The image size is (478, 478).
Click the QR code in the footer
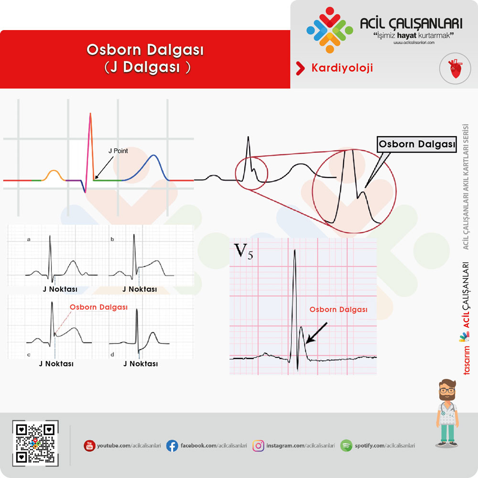coord(35,443)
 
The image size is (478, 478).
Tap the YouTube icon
coord(89,445)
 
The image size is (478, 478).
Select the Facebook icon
coord(172,445)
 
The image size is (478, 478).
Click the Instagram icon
coord(258,445)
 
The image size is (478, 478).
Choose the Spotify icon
coord(346,445)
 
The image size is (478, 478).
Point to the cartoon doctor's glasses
coord(447,391)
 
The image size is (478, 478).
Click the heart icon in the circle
coord(455,68)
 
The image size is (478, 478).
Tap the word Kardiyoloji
coord(342,68)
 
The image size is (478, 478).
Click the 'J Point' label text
coord(118,151)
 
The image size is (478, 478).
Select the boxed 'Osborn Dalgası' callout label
coord(417,144)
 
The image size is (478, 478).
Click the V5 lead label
coord(244,252)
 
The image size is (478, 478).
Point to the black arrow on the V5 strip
coord(316,333)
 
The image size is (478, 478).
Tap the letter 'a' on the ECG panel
coord(29,239)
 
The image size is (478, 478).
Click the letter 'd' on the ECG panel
coord(112,355)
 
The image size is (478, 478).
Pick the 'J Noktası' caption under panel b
coord(140,289)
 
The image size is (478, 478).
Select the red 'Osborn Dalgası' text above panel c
coord(98,307)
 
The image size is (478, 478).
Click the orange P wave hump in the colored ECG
coord(54,174)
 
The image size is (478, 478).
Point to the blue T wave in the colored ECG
coord(146,166)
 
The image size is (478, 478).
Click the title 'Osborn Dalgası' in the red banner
coord(145,50)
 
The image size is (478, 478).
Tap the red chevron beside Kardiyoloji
coord(300,68)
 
